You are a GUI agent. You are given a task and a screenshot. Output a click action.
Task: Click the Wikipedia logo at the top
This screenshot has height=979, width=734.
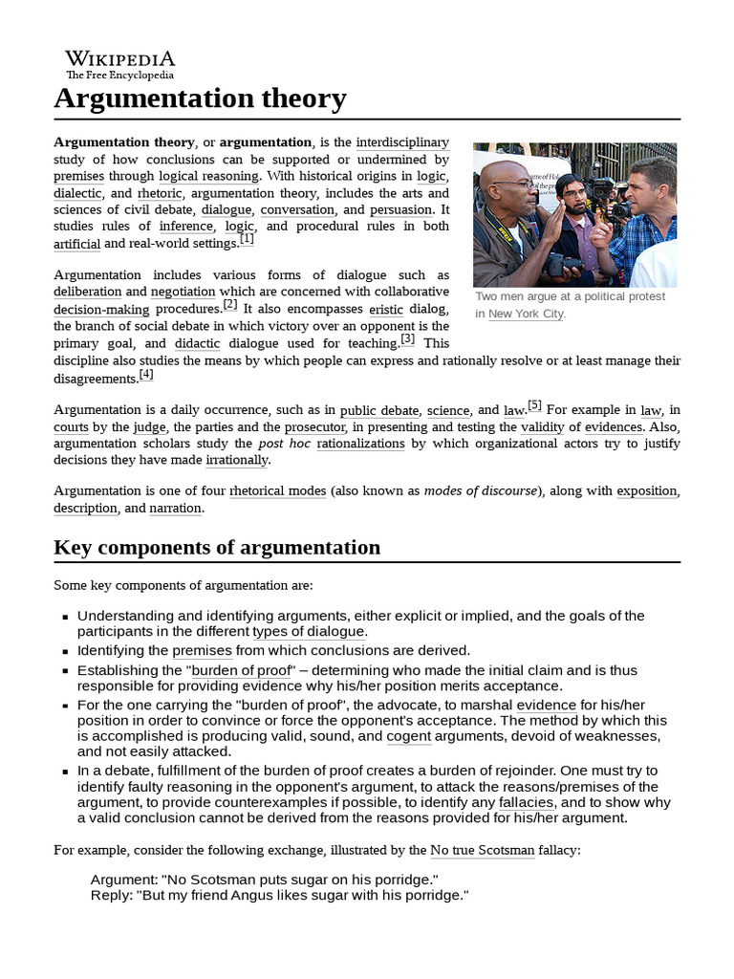(x=119, y=63)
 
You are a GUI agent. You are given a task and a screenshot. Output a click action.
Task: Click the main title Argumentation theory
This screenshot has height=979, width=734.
(x=200, y=98)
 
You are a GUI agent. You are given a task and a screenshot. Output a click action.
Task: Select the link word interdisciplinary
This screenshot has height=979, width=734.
(x=402, y=142)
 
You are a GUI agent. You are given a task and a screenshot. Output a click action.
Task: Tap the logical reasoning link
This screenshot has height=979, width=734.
(x=208, y=176)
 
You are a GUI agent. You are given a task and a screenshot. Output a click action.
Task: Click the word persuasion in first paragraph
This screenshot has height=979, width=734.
(x=400, y=209)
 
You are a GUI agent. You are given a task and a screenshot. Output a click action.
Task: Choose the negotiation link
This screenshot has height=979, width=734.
(x=183, y=292)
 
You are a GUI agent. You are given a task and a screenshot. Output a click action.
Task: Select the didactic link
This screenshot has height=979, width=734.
(x=196, y=343)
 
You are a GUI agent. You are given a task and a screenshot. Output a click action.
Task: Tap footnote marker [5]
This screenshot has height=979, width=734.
(x=534, y=405)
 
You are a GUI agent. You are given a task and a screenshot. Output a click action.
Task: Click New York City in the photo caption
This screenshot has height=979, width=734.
(x=526, y=314)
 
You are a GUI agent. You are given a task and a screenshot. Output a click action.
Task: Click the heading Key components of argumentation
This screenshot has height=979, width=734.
(x=217, y=548)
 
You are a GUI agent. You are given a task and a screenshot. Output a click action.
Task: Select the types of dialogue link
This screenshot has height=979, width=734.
(x=309, y=632)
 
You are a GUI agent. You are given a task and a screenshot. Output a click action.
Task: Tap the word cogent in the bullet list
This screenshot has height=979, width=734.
(x=409, y=736)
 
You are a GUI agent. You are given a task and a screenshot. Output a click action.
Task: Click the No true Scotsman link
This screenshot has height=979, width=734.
(x=482, y=850)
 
